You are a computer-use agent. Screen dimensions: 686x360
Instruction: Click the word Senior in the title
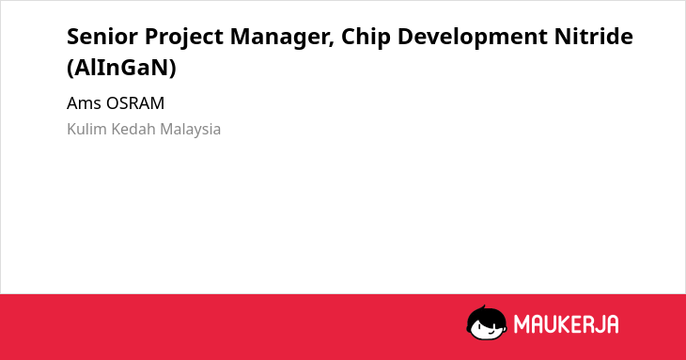(x=101, y=36)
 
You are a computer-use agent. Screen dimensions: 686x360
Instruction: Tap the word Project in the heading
(x=184, y=38)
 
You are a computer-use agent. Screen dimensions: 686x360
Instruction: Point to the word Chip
(x=366, y=38)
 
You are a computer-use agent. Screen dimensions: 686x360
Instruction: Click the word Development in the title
(x=473, y=38)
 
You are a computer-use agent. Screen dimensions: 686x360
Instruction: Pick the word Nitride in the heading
(x=594, y=36)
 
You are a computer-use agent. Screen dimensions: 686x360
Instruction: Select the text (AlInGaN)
(x=121, y=68)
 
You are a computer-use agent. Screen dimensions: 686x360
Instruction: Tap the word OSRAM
(x=135, y=103)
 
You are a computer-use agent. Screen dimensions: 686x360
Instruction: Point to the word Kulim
(x=86, y=129)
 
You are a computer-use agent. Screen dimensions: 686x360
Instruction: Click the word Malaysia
(x=191, y=130)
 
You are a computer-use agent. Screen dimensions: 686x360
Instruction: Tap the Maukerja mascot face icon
(x=487, y=322)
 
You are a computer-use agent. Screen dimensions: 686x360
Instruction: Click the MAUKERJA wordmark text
(x=566, y=324)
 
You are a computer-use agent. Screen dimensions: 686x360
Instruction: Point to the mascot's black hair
(x=486, y=314)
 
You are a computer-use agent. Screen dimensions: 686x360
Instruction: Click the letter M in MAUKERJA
(x=522, y=324)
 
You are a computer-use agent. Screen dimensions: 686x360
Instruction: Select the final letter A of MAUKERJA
(x=613, y=324)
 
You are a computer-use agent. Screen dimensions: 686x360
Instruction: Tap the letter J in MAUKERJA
(x=599, y=324)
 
